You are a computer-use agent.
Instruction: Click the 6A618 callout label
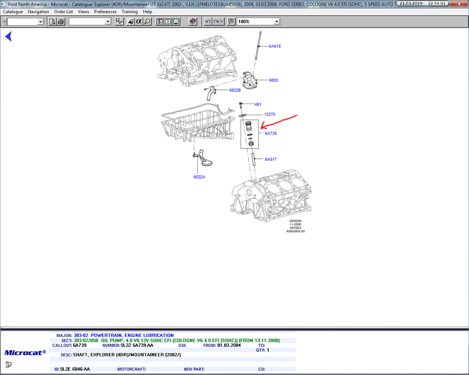[x=274, y=46]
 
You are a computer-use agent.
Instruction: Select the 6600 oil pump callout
[x=273, y=80]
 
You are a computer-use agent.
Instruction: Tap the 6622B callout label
[x=235, y=90]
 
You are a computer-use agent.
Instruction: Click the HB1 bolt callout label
[x=257, y=105]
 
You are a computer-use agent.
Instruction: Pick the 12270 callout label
[x=270, y=114]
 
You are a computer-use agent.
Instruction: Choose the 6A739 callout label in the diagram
[x=271, y=134]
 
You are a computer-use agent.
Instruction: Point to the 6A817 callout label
[x=271, y=159]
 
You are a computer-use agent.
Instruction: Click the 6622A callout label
[x=199, y=177]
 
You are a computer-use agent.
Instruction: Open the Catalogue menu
[x=13, y=12]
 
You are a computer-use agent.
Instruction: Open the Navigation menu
[x=38, y=12]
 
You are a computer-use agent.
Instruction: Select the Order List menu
[x=63, y=12]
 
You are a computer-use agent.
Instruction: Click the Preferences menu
[x=105, y=12]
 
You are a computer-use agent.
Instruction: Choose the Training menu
[x=129, y=12]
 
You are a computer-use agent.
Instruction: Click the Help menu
[x=147, y=12]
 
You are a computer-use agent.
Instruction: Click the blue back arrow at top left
[x=8, y=36]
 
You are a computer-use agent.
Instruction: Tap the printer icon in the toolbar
[x=61, y=22]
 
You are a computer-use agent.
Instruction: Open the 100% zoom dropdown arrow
[x=277, y=22]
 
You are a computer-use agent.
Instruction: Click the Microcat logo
[x=25, y=352]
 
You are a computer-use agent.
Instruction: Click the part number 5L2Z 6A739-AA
[x=136, y=345]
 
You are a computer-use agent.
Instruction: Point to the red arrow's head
[x=262, y=127]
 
